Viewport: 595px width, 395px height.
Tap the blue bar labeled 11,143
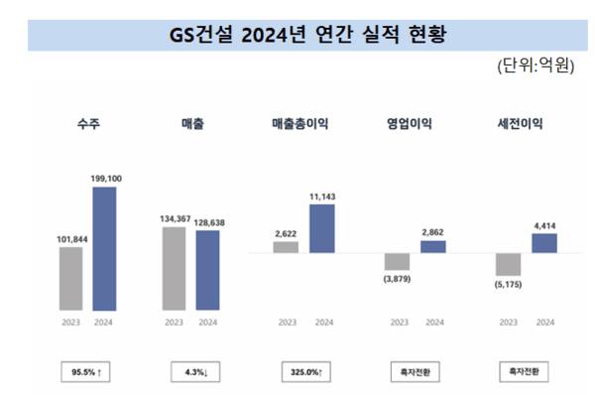point(321,229)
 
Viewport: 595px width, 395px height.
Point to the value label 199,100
point(104,179)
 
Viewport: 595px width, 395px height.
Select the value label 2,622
point(286,233)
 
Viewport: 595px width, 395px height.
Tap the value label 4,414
point(544,225)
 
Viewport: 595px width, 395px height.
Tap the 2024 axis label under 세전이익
point(544,323)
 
